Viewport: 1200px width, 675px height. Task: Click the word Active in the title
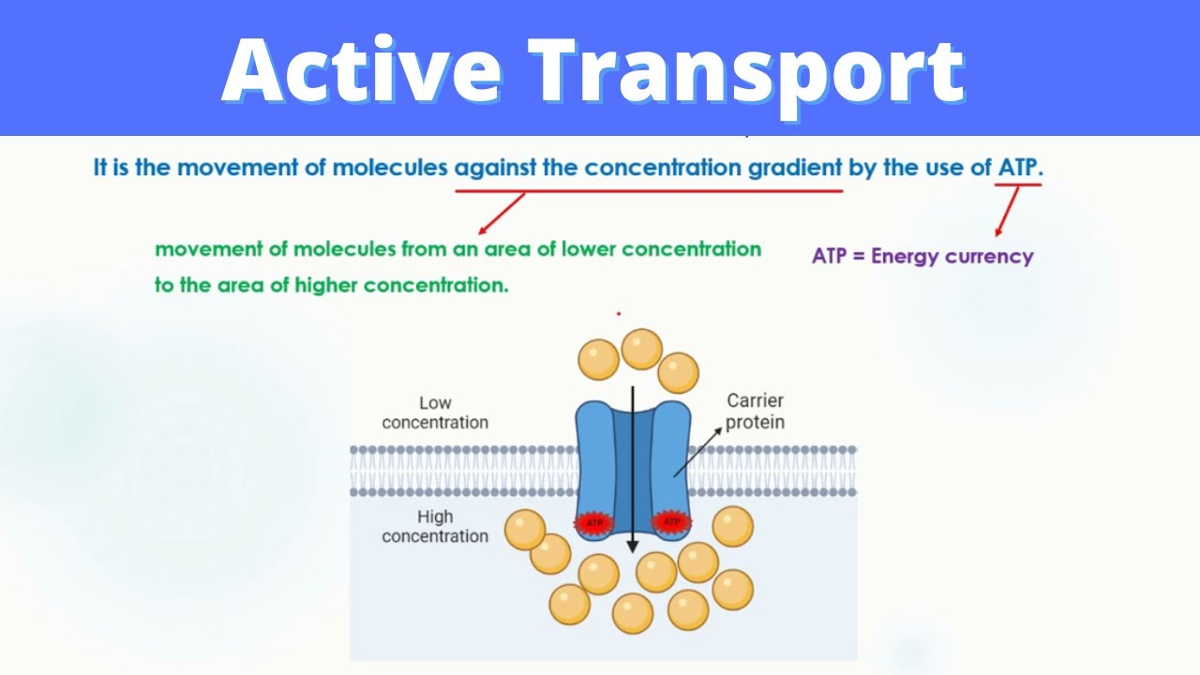(x=362, y=69)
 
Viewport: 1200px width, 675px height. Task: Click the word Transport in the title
(x=746, y=75)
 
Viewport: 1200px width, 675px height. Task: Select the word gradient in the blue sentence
(x=795, y=168)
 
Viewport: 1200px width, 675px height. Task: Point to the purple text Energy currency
(x=952, y=257)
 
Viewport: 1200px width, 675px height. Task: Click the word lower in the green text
(x=588, y=249)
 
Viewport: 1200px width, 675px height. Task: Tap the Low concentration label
(x=435, y=412)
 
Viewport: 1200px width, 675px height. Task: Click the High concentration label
(x=435, y=526)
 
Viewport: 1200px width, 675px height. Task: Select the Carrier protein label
(x=756, y=411)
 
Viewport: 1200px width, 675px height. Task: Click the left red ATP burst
(x=594, y=523)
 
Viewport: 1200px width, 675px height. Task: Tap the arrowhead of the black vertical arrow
(x=633, y=547)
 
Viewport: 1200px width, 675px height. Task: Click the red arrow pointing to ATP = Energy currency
(x=1007, y=211)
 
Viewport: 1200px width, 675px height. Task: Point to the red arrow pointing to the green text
(x=502, y=213)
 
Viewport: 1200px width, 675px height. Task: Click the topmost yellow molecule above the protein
(x=642, y=350)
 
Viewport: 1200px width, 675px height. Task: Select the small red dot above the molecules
(x=619, y=314)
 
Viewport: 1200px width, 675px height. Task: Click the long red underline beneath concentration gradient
(x=649, y=190)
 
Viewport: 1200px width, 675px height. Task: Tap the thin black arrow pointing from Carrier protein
(x=697, y=452)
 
